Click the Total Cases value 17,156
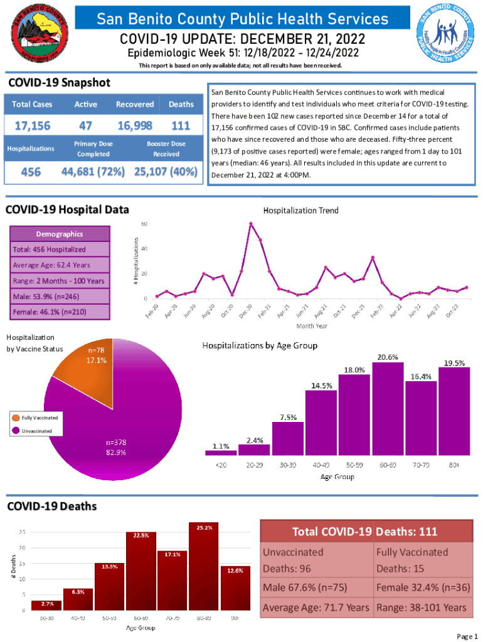tap(33, 125)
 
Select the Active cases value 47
tap(86, 125)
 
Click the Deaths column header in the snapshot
tap(181, 104)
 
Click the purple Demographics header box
tap(59, 234)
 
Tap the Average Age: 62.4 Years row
tap(59, 265)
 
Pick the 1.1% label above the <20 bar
tap(220, 446)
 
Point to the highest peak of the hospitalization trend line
tap(251, 223)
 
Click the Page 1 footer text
tap(467, 636)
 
